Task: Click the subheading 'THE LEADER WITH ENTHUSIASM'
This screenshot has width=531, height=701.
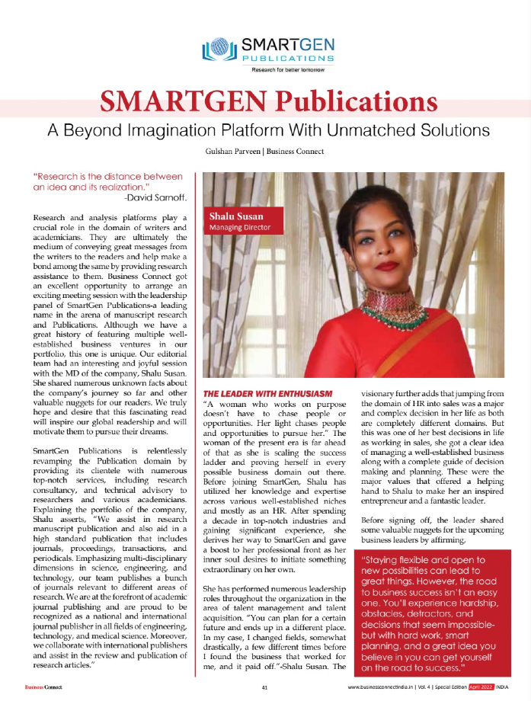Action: coord(251,392)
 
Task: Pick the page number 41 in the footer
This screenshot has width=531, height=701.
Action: coord(264,687)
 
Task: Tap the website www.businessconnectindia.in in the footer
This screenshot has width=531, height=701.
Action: coord(382,687)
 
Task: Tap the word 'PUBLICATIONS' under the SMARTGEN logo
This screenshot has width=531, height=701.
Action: coord(288,58)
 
